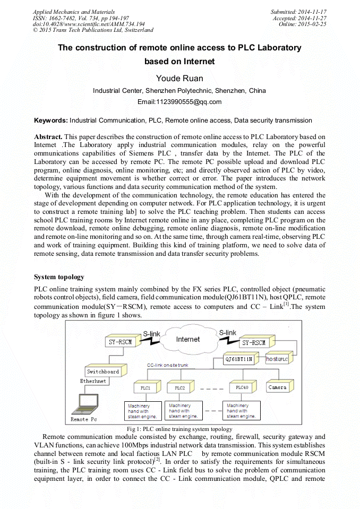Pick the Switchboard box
tap(103, 372)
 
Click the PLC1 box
tap(145, 388)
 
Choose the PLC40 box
tap(241, 387)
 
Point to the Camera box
tap(277, 387)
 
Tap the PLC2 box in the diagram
tap(179, 388)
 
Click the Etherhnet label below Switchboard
tap(93, 381)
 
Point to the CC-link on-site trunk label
tap(168, 365)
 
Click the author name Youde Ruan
tap(179, 79)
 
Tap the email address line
tap(179, 102)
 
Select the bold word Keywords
tap(50, 120)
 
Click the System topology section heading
tap(59, 277)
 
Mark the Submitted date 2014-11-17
tap(299, 11)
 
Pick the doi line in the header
tap(89, 24)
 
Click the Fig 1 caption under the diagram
tap(179, 428)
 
